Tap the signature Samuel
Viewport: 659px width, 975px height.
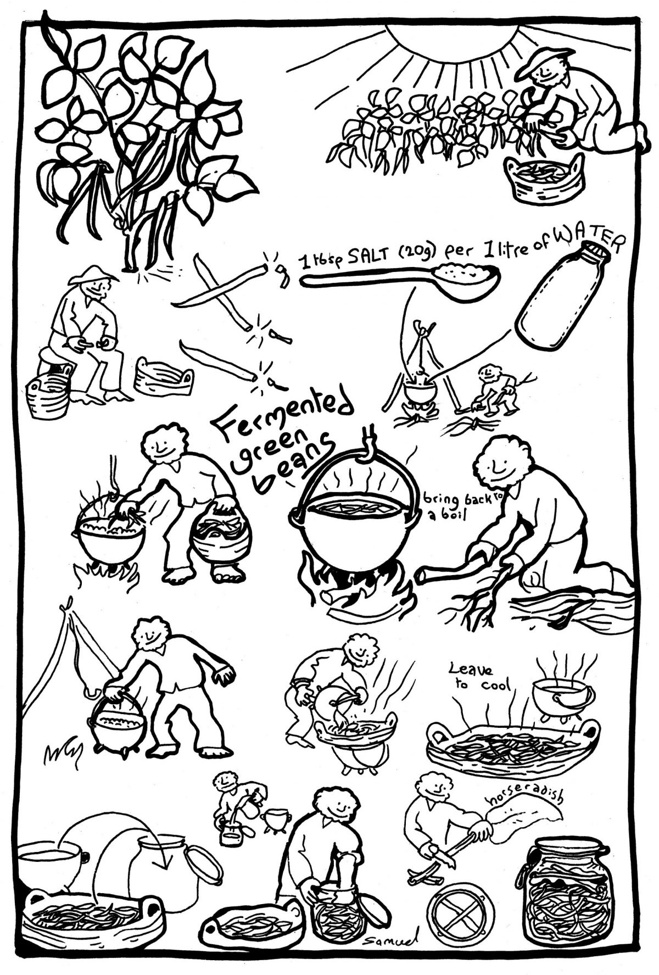pyautogui.click(x=387, y=943)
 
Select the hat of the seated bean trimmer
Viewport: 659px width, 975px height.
pyautogui.click(x=91, y=275)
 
